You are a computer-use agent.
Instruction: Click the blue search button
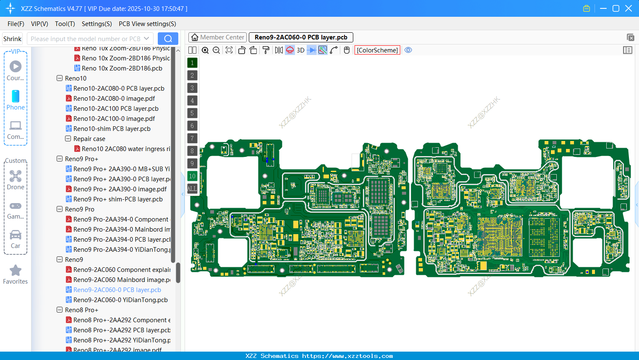[168, 39]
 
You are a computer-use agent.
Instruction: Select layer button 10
[192, 176]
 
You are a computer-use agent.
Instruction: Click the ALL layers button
[192, 189]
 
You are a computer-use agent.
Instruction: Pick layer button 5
[192, 113]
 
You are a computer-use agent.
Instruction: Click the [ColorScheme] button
[377, 50]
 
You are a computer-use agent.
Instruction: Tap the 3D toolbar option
[300, 50]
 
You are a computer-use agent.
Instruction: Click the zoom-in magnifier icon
[205, 50]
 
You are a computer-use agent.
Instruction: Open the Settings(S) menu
[97, 24]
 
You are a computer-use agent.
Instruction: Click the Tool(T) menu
[65, 24]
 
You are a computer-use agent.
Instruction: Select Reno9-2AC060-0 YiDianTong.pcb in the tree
[120, 300]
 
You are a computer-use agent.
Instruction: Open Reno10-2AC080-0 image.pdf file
[114, 99]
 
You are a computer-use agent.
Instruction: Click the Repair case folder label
[89, 139]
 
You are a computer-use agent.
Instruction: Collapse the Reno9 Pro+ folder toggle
[60, 159]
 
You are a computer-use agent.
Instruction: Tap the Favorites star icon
[16, 271]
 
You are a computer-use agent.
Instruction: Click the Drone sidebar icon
[16, 176]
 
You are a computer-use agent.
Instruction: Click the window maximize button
[616, 8]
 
